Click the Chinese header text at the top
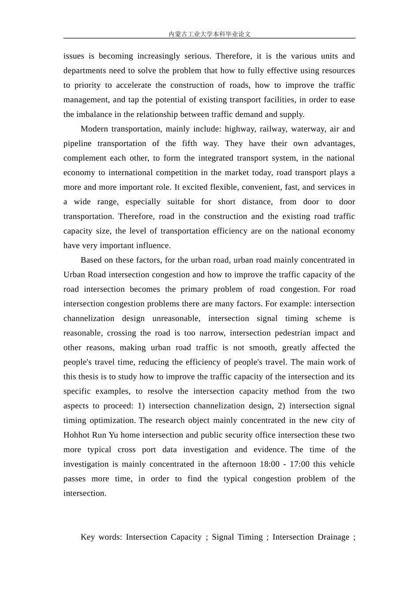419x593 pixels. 209,34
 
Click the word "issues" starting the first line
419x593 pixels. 73,56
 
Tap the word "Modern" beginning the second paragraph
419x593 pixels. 94,129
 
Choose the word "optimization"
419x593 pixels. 113,420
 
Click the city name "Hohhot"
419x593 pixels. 76,435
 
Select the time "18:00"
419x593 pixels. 269,464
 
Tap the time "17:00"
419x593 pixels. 299,464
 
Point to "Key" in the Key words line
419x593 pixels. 87,537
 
